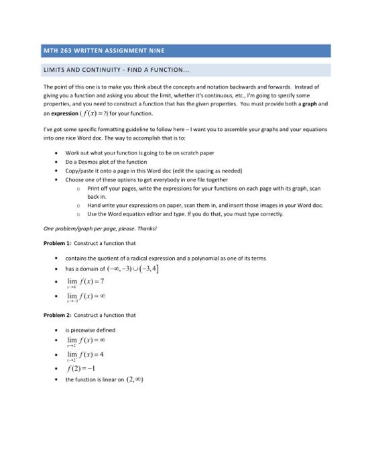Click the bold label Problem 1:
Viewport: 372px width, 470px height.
coord(58,242)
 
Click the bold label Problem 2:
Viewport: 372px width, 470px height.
coord(58,314)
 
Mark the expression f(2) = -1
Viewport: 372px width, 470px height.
coord(84,368)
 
